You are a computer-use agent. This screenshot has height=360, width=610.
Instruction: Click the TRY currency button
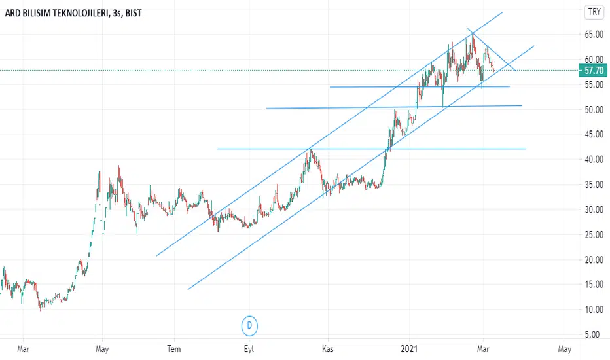[594, 12]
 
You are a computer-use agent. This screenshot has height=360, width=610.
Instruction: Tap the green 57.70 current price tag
[593, 70]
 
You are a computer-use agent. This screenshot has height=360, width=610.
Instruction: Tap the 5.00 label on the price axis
[594, 334]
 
